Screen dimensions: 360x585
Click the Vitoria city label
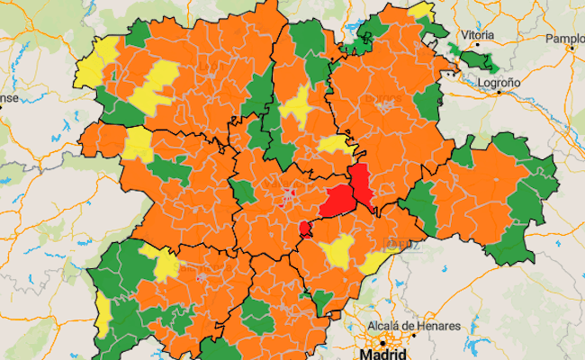coord(477,35)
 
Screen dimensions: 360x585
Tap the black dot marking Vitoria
coord(477,47)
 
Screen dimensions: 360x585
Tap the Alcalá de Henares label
coord(414,325)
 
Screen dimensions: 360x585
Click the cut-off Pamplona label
coord(564,39)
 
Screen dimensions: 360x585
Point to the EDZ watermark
coord(395,241)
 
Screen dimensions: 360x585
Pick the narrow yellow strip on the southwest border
coord(103,310)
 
